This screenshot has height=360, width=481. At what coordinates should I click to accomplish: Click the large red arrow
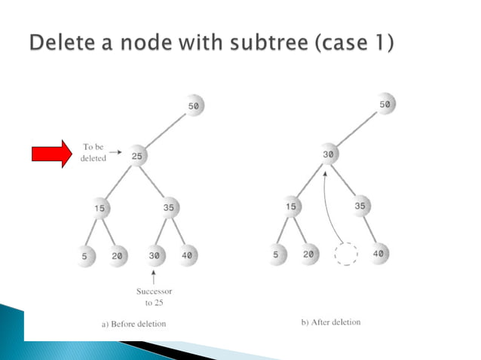pyautogui.click(x=51, y=154)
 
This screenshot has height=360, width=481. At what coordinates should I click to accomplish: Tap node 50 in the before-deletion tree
pyautogui.click(x=194, y=107)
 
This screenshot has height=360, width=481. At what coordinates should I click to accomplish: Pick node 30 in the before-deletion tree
pyautogui.click(x=155, y=255)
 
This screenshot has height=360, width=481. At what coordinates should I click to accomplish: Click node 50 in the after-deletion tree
pyautogui.click(x=385, y=105)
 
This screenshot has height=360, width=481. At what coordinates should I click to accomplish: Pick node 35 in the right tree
pyautogui.click(x=360, y=205)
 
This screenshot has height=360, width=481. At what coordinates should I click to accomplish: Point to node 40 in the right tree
pyautogui.click(x=378, y=254)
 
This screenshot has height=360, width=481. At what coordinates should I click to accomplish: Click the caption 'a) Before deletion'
pyautogui.click(x=133, y=324)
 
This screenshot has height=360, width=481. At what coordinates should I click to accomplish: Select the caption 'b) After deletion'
pyautogui.click(x=330, y=322)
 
